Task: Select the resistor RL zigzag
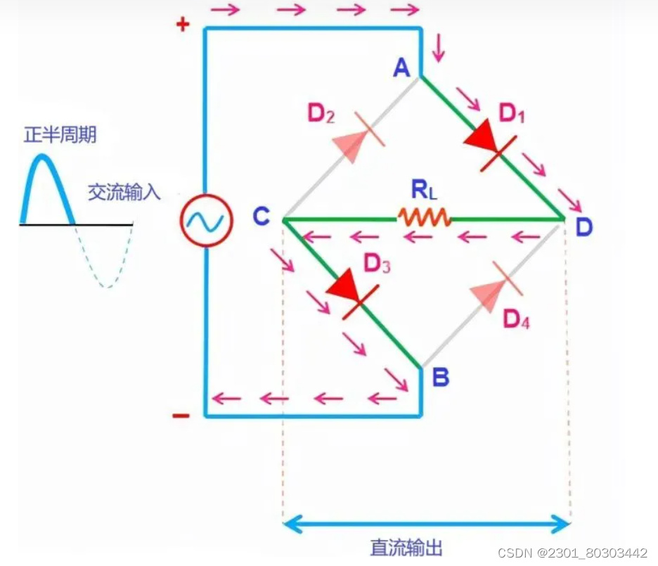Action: click(x=425, y=218)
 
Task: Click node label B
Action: click(x=441, y=378)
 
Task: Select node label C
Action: click(x=262, y=217)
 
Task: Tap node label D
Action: click(x=583, y=227)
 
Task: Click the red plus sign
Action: click(x=183, y=26)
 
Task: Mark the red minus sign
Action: click(x=181, y=416)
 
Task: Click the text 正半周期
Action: click(x=60, y=135)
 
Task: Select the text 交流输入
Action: click(x=124, y=193)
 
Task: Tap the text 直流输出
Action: click(x=406, y=548)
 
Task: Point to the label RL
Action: click(x=423, y=190)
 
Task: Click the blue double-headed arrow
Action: click(x=426, y=524)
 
